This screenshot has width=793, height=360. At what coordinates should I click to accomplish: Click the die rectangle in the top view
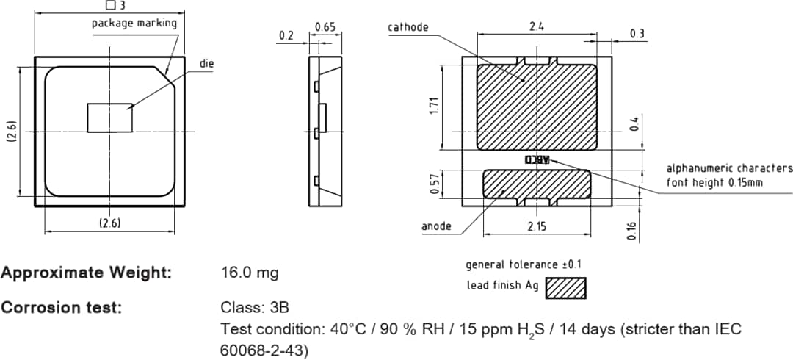(109, 118)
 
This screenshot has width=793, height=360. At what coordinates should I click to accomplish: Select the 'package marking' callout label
(134, 23)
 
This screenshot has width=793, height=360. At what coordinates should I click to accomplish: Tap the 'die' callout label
(206, 64)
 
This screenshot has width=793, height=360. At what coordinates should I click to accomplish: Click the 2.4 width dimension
(536, 26)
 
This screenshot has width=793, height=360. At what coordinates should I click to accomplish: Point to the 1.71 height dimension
(434, 107)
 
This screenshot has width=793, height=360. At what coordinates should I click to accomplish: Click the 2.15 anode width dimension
(537, 227)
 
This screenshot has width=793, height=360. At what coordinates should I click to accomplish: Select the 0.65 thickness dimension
(325, 27)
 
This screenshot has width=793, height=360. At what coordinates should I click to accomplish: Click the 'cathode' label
(408, 27)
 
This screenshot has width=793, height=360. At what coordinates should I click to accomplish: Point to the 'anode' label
(436, 226)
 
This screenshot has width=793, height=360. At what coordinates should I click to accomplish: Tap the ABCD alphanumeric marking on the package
(537, 159)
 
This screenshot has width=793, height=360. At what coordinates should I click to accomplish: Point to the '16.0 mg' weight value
(250, 273)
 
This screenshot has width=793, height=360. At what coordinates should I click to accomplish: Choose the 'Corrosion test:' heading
(62, 307)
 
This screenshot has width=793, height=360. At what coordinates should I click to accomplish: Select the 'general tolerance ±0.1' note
(524, 264)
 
